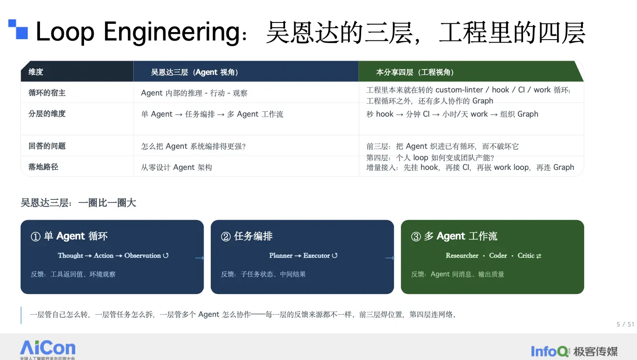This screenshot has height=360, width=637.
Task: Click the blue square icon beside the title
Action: (18, 29)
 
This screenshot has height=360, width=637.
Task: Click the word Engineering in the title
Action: (172, 32)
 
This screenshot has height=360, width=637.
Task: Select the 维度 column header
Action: (36, 72)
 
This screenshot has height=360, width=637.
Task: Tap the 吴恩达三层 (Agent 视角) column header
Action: (195, 72)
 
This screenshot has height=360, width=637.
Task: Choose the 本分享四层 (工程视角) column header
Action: (415, 72)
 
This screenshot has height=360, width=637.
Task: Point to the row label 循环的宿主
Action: (47, 93)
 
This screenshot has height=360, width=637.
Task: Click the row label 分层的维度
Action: (47, 114)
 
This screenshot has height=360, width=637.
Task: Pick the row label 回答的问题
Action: (47, 146)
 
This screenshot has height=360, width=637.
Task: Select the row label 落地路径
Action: (43, 167)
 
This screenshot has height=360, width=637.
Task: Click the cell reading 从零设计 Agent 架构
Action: (176, 167)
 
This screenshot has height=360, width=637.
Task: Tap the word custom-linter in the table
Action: (459, 90)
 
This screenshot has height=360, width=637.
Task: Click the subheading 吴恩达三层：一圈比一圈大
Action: (78, 203)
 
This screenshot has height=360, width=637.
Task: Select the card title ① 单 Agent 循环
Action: (69, 236)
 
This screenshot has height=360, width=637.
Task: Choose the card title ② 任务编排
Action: (246, 236)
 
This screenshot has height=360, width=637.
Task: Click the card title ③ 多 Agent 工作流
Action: (454, 236)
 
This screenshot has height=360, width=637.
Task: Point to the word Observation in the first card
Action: (143, 256)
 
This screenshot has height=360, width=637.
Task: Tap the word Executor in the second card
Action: (316, 256)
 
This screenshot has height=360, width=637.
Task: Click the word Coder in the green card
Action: (498, 256)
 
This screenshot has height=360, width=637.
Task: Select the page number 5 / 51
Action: (625, 324)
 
